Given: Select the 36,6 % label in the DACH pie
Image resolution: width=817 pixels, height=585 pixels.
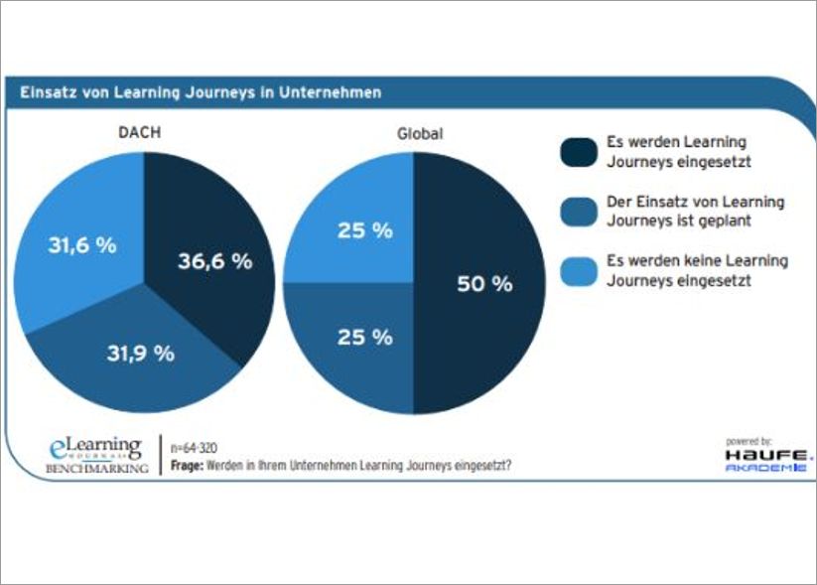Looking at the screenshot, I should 214,262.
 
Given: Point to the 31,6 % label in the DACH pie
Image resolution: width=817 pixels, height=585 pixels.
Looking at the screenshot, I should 82,244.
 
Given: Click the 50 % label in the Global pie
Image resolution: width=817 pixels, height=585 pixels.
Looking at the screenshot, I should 483,284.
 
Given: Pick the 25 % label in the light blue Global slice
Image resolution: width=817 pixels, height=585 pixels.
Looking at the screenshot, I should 366,230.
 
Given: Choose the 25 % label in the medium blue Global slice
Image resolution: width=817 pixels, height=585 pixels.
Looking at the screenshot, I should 366,337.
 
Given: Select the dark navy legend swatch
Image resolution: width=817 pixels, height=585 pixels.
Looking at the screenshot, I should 577,152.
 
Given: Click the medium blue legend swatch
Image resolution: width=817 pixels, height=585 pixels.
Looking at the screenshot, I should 577,211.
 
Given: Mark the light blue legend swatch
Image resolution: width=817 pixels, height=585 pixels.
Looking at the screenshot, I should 577,270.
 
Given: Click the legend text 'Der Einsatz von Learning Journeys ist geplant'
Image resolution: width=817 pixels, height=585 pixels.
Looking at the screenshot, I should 695,211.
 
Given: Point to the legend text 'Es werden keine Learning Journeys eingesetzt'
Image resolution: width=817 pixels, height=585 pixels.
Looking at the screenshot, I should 697,270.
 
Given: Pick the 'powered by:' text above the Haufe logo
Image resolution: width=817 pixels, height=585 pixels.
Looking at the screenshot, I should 749,440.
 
